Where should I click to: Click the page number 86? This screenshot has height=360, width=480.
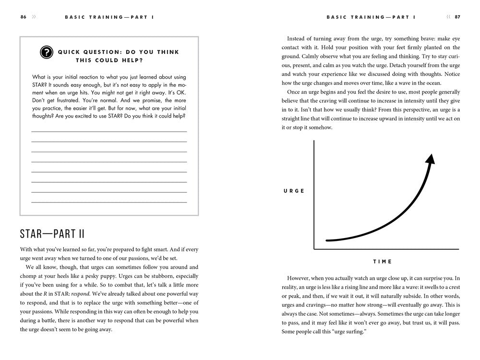[x=23, y=17]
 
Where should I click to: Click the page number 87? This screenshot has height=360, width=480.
[x=457, y=17]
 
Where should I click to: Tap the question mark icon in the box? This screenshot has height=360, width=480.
[x=46, y=52]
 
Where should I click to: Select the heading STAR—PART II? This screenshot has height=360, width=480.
[x=52, y=234]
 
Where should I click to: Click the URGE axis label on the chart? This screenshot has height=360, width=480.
[x=294, y=191]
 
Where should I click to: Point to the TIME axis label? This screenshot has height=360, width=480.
[x=383, y=262]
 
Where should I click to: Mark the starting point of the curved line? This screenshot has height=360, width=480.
[x=327, y=240]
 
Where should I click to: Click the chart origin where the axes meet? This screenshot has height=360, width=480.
[x=314, y=249]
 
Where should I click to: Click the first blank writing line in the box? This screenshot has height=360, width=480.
[x=109, y=131]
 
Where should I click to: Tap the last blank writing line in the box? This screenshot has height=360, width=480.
[x=109, y=202]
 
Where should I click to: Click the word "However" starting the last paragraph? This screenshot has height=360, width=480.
[x=299, y=278]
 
